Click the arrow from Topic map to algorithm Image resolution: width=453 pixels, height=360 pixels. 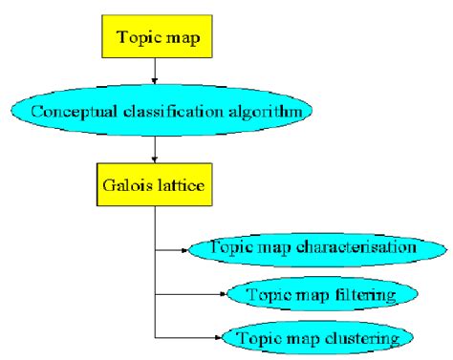[154, 73]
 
